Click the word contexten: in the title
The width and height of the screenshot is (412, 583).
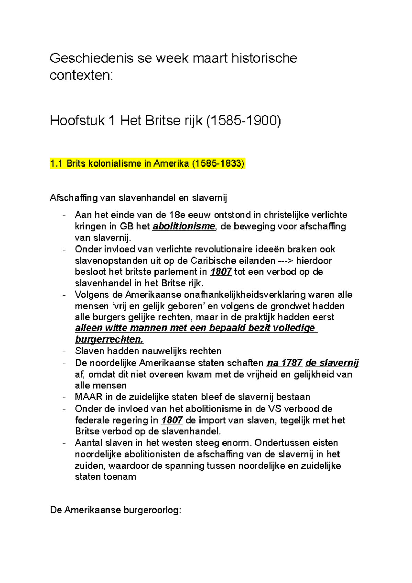coord(81,75)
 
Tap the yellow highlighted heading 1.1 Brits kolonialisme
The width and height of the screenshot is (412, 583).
coord(147,163)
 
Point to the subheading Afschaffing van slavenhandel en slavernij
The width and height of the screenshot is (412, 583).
coord(138,198)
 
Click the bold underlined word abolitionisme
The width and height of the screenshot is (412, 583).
coord(184,227)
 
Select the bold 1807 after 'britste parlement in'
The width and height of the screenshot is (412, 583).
coord(221,272)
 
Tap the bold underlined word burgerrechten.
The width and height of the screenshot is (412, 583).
coord(109,340)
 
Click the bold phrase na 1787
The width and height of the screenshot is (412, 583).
coord(284,363)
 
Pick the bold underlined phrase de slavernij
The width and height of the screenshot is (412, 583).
coord(332,363)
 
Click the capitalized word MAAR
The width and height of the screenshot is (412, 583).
coord(89,397)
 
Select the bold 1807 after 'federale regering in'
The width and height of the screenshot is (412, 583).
coord(172,421)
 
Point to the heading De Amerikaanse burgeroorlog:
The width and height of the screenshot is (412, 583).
coord(115,510)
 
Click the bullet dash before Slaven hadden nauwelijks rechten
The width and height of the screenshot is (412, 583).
coord(64,352)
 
